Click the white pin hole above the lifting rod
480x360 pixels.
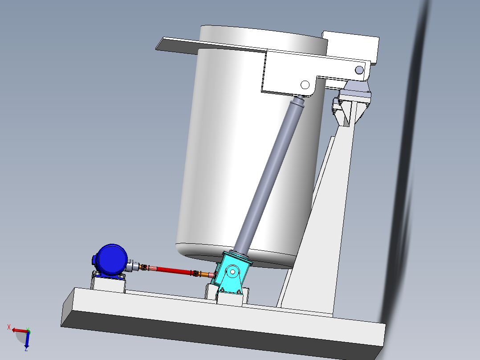305,85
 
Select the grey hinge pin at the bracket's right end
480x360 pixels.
359,70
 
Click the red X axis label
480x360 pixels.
9,327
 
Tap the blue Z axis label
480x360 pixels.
26,349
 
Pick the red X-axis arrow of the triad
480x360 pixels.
18,330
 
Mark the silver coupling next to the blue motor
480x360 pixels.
133,266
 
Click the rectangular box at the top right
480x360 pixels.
352,45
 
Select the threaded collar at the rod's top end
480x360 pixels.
297,104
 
